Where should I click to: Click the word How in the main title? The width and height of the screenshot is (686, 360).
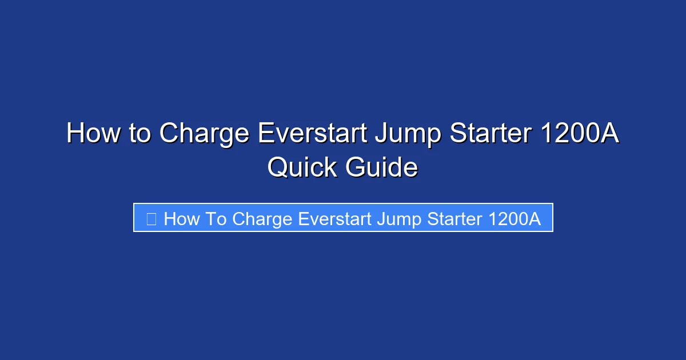tap(90, 134)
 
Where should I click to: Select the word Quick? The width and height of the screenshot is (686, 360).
tap(301, 168)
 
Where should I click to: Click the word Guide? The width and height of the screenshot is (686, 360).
tap(381, 168)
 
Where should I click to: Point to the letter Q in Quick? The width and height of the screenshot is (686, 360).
tap(277, 169)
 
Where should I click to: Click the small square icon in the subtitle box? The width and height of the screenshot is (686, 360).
tap(151, 218)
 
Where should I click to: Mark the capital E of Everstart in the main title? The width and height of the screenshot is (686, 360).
tap(265, 134)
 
